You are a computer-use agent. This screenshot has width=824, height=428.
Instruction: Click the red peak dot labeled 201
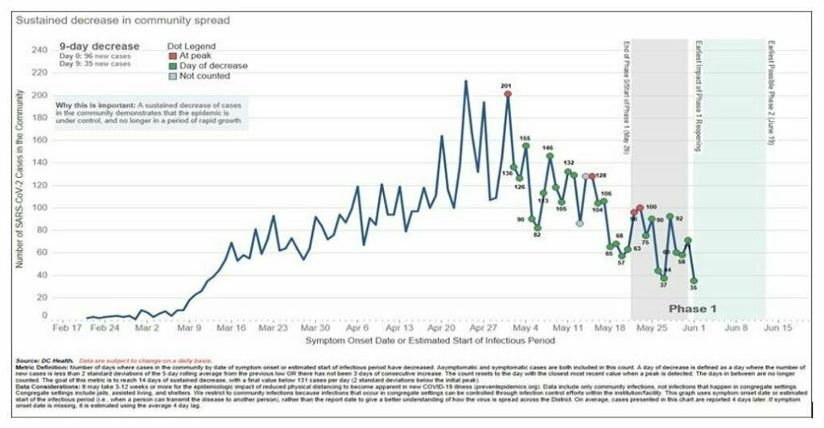point(508,93)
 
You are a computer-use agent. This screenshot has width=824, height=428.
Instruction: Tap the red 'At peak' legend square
point(172,56)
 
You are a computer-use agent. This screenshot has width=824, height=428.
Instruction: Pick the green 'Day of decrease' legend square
point(172,66)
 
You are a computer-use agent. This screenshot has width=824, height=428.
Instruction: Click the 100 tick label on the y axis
point(39,208)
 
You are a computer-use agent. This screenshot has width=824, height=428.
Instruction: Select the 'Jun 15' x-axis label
point(778,328)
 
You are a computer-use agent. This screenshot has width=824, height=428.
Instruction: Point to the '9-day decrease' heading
point(99,47)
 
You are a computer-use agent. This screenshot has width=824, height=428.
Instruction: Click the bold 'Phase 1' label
point(693,309)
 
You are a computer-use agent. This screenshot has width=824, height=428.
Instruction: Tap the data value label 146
point(548,148)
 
